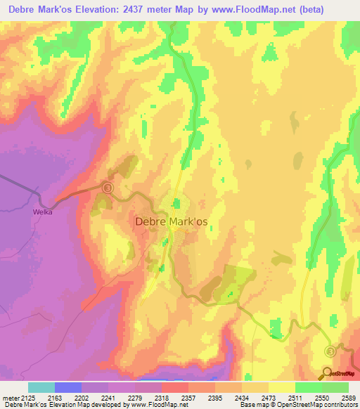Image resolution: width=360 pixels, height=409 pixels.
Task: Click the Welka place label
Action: point(44,210)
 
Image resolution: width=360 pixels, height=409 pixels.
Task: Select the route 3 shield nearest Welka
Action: point(107,188)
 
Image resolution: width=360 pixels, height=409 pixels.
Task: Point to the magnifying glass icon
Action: point(326,374)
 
